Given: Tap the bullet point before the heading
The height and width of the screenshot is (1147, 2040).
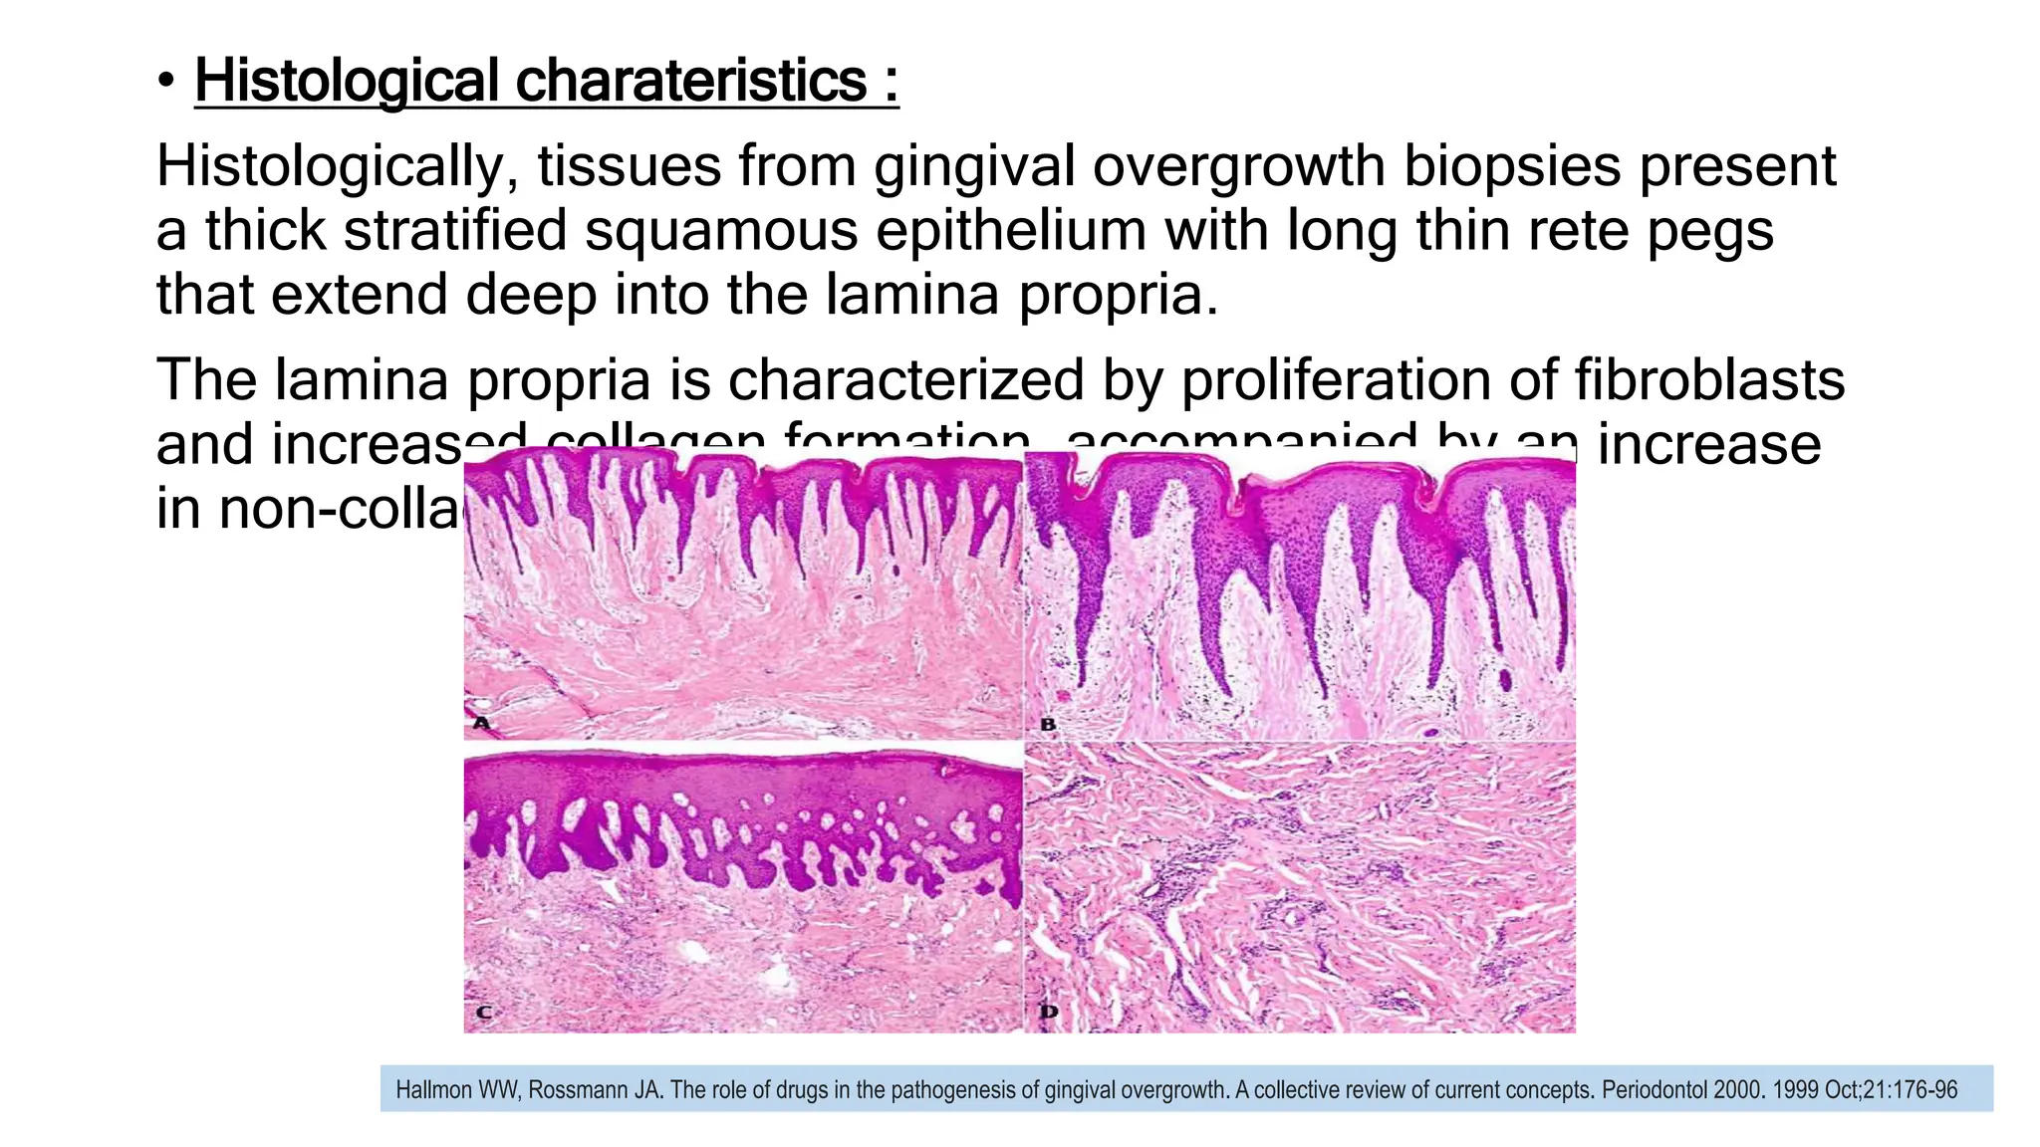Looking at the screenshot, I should click(x=166, y=81).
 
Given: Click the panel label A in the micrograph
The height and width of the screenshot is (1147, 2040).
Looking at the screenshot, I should click(x=481, y=723).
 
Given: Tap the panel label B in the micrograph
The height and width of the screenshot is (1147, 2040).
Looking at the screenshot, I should click(x=1047, y=724).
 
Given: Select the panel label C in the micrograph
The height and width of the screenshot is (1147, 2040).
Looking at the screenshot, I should click(x=483, y=1013).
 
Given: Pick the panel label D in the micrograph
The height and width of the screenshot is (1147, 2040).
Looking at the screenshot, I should click(x=1048, y=1013).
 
